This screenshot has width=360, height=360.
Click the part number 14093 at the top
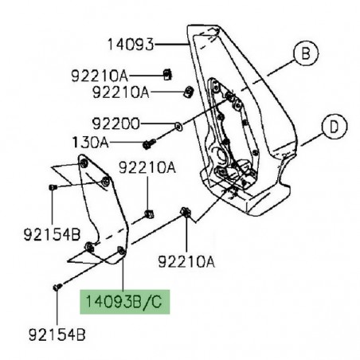[131, 45]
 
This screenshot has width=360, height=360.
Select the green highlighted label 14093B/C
[125, 302]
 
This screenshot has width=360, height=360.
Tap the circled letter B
[306, 53]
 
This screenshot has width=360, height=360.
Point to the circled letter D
[334, 127]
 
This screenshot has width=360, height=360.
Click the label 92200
[116, 123]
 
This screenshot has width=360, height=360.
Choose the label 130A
[91, 143]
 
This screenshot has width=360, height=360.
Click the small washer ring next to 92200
[178, 127]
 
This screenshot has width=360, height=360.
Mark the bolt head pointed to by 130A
[147, 145]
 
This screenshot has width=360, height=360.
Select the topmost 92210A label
[100, 76]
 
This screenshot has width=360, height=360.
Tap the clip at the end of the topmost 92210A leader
[167, 75]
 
